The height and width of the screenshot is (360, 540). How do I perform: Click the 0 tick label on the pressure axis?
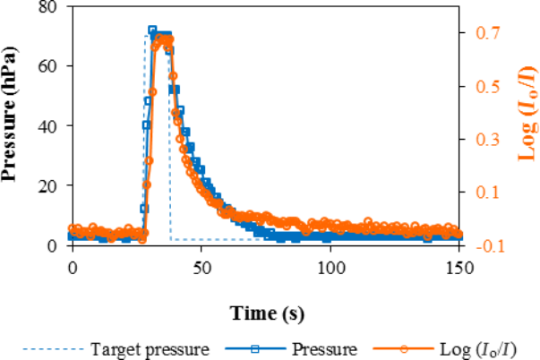53,245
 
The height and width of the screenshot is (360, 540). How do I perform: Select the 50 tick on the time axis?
201,267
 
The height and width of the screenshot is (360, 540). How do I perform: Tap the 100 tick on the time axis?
330,267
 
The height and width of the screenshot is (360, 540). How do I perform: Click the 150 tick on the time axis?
459,267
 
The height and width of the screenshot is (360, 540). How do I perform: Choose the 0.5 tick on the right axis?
485,87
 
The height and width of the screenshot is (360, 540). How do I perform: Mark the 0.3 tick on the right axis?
485,140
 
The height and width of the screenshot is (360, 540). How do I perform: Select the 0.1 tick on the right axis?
485,193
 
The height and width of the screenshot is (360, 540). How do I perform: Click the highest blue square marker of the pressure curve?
152,30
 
